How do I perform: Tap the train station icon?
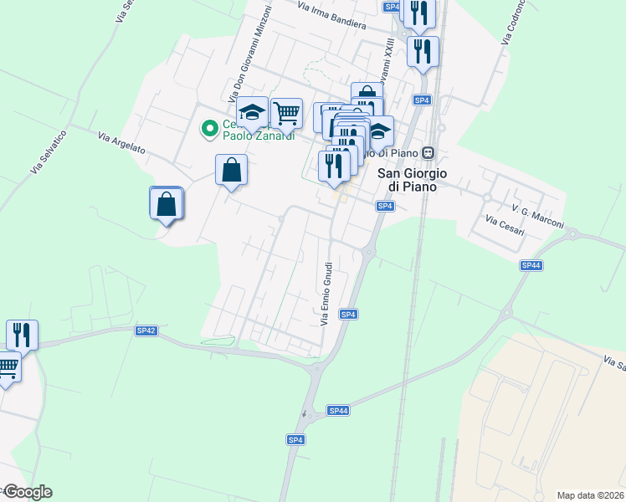coord(428,152)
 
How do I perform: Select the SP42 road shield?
coord(146,330)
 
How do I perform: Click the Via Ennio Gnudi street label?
coord(326,294)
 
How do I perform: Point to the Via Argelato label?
coord(122,144)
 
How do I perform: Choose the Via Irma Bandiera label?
coord(332,15)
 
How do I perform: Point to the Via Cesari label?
coord(505,225)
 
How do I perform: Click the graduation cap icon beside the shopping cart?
coord(251,112)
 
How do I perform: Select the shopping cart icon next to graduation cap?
coord(286,111)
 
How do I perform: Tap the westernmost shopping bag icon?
coord(167,202)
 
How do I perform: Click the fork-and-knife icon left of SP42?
coord(22,335)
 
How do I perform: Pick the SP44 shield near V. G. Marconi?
coord(531,265)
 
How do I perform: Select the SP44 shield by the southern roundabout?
coord(338,410)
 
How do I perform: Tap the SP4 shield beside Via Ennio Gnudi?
coord(349,314)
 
